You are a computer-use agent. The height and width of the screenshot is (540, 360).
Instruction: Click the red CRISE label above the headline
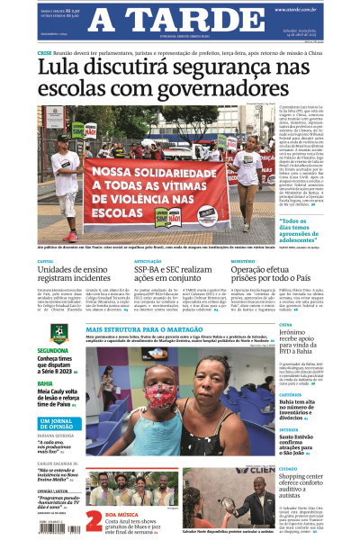[x=44, y=54]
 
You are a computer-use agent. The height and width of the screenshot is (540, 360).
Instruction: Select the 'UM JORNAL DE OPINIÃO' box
[x=58, y=423]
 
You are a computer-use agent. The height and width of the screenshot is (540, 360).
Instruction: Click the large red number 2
[x=94, y=520]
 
